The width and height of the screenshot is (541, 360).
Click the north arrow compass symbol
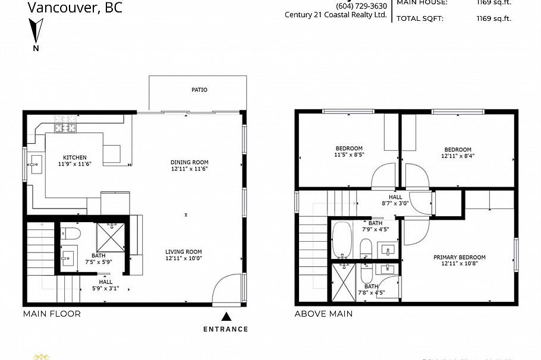[36, 30]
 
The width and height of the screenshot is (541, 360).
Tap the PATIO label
[199, 90]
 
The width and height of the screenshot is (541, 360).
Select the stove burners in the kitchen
[67, 127]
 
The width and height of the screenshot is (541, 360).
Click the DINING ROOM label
[189, 162]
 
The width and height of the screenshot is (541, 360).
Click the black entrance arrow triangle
[226, 317]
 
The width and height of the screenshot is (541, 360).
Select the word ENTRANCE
[225, 329]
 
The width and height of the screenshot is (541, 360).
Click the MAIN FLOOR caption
[52, 314]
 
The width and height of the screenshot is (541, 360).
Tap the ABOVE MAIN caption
[323, 314]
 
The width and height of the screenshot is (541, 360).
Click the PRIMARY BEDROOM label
[459, 257]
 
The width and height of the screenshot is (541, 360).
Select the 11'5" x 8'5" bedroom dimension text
[349, 156]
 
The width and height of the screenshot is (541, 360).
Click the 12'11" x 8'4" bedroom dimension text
[458, 157]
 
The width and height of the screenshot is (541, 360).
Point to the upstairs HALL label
[395, 197]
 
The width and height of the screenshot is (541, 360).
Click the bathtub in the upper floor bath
[343, 241]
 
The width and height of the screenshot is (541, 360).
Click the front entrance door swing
[227, 290]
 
